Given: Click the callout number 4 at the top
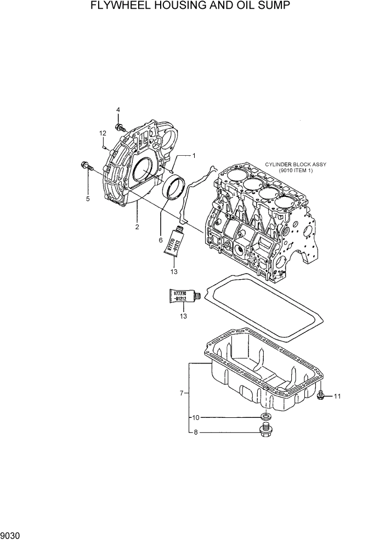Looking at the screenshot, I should (x=118, y=111).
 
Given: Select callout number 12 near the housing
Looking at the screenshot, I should (x=103, y=133).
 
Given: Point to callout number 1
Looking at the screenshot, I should (x=194, y=156).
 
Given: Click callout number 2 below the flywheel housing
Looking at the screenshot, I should (x=137, y=226).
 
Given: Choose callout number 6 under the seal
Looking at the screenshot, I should (x=161, y=240).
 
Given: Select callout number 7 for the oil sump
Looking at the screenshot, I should (x=181, y=393).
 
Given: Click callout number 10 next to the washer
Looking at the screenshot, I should (x=194, y=418).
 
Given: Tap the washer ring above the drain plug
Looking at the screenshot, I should (x=265, y=416).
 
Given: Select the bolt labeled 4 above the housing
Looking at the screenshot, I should (x=118, y=128).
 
